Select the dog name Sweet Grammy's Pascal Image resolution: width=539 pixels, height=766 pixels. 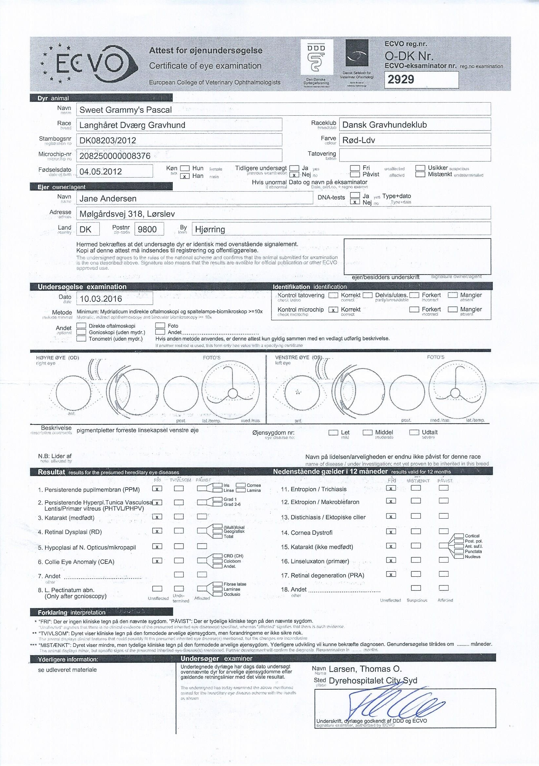(126, 110)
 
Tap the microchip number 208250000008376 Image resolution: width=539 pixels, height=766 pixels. (115, 156)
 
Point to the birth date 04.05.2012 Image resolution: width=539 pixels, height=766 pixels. (101, 171)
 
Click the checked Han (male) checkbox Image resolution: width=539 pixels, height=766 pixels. (185, 176)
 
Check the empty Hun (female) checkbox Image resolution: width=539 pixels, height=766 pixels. (185, 168)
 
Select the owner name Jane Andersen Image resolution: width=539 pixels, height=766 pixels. (108, 199)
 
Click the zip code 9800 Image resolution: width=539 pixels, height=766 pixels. (147, 229)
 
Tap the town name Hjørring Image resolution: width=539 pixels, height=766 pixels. (210, 229)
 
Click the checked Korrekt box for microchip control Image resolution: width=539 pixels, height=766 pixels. (333, 310)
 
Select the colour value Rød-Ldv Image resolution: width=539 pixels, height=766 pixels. (359, 140)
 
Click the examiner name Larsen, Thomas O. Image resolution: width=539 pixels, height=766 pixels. (365, 669)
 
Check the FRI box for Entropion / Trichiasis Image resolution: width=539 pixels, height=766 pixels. (391, 488)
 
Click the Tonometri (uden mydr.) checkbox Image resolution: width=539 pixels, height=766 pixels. (81, 339)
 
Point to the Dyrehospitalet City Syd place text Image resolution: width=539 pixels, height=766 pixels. (373, 680)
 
